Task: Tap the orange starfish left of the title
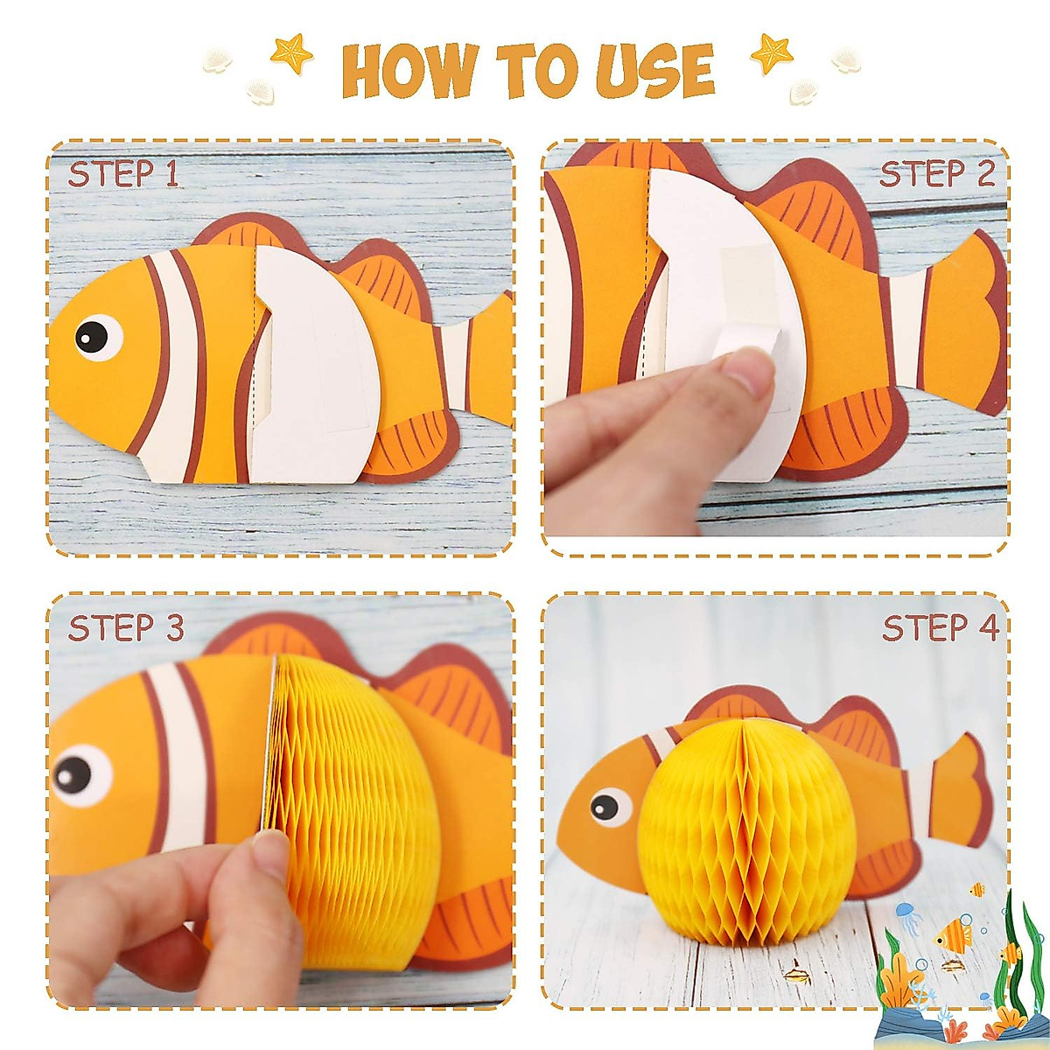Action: pyautogui.click(x=292, y=54)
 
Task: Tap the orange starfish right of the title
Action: pyautogui.click(x=772, y=54)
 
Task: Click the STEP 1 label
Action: pyautogui.click(x=123, y=174)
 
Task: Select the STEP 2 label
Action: pyautogui.click(x=937, y=174)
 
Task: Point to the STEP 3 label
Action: pyautogui.click(x=126, y=627)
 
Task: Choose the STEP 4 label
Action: pyautogui.click(x=941, y=627)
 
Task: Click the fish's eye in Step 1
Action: pyautogui.click(x=96, y=336)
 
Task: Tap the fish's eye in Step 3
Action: pyautogui.click(x=77, y=773)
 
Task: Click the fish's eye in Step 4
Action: pyautogui.click(x=608, y=805)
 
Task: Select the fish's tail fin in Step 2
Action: pyautogui.click(x=962, y=324)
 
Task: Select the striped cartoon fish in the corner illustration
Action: pyautogui.click(x=954, y=935)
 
